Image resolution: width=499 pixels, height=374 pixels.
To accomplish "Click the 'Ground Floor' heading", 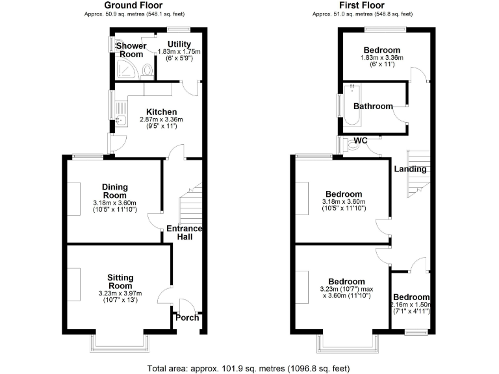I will pos(134,5).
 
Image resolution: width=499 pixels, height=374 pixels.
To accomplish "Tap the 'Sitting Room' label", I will pos(120,282).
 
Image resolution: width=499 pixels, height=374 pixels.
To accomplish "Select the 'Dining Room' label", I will pos(114,191).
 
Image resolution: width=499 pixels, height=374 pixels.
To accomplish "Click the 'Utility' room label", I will pos(179,44).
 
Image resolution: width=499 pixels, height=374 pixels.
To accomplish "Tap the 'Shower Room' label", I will pos(131,50).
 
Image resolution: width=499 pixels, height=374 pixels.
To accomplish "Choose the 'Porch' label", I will pos(188,318).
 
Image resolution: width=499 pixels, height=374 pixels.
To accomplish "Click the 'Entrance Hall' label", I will pos(184,232).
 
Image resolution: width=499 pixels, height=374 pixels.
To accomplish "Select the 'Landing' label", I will pos(410,169).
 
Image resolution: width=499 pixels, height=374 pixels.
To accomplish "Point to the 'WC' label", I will pos(361,141).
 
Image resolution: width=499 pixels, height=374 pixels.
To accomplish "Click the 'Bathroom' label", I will pos(373,106).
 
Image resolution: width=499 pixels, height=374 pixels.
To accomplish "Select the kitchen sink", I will pos(120,119).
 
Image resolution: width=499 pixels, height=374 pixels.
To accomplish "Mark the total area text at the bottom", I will pos(249,368).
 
